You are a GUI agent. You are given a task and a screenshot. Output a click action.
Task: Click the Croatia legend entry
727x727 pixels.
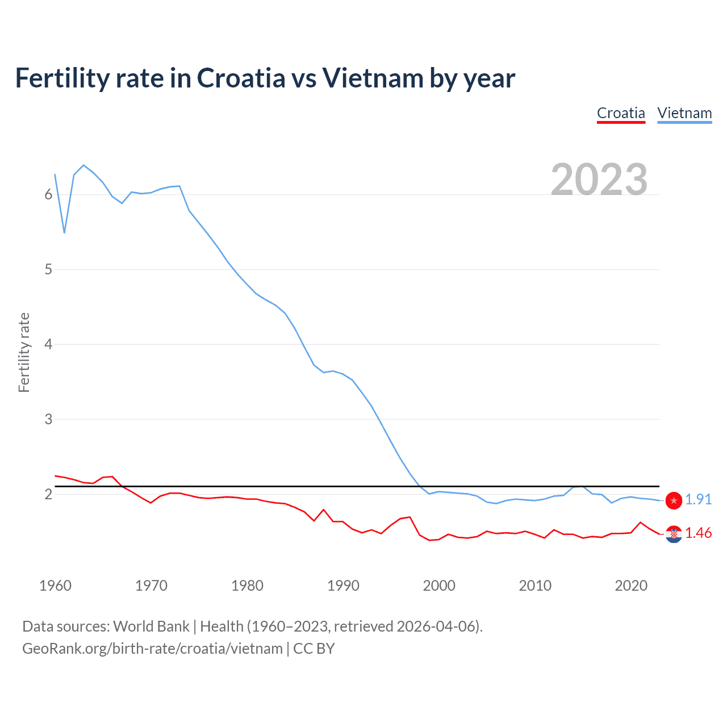click(x=621, y=113)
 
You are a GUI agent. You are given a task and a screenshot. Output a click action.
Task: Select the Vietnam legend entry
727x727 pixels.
click(x=684, y=113)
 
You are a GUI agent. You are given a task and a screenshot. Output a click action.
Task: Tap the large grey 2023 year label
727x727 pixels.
click(x=599, y=179)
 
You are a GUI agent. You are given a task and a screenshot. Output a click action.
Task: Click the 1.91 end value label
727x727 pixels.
click(x=698, y=499)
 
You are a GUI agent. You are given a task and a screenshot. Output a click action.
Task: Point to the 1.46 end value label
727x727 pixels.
click(x=698, y=533)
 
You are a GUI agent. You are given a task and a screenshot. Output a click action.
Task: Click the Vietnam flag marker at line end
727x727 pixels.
click(x=674, y=500)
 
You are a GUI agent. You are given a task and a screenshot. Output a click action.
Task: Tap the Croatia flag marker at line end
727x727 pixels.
click(x=674, y=534)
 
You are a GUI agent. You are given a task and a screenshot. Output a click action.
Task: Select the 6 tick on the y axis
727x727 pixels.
click(x=48, y=195)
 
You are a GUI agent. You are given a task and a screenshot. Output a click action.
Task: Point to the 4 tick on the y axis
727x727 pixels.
click(x=48, y=344)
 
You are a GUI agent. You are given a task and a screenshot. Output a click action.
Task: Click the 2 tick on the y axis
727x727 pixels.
click(x=48, y=494)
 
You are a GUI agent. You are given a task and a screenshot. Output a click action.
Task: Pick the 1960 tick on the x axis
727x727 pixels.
click(x=55, y=586)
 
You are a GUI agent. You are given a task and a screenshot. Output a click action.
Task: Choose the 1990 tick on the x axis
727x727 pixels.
click(x=343, y=586)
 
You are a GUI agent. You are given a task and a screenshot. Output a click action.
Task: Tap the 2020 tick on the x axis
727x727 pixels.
click(x=631, y=586)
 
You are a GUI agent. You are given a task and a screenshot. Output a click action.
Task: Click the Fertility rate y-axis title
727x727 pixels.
click(x=24, y=352)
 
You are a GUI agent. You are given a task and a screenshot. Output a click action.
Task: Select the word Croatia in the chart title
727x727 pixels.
click(x=241, y=78)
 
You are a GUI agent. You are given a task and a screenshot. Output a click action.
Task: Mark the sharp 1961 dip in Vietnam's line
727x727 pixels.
click(x=65, y=232)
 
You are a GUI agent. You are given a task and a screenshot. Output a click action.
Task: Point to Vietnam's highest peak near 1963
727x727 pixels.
click(x=83, y=165)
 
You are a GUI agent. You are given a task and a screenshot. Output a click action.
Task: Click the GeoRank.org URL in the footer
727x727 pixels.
click(x=152, y=649)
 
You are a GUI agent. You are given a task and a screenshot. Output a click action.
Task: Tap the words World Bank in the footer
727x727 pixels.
click(x=151, y=626)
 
